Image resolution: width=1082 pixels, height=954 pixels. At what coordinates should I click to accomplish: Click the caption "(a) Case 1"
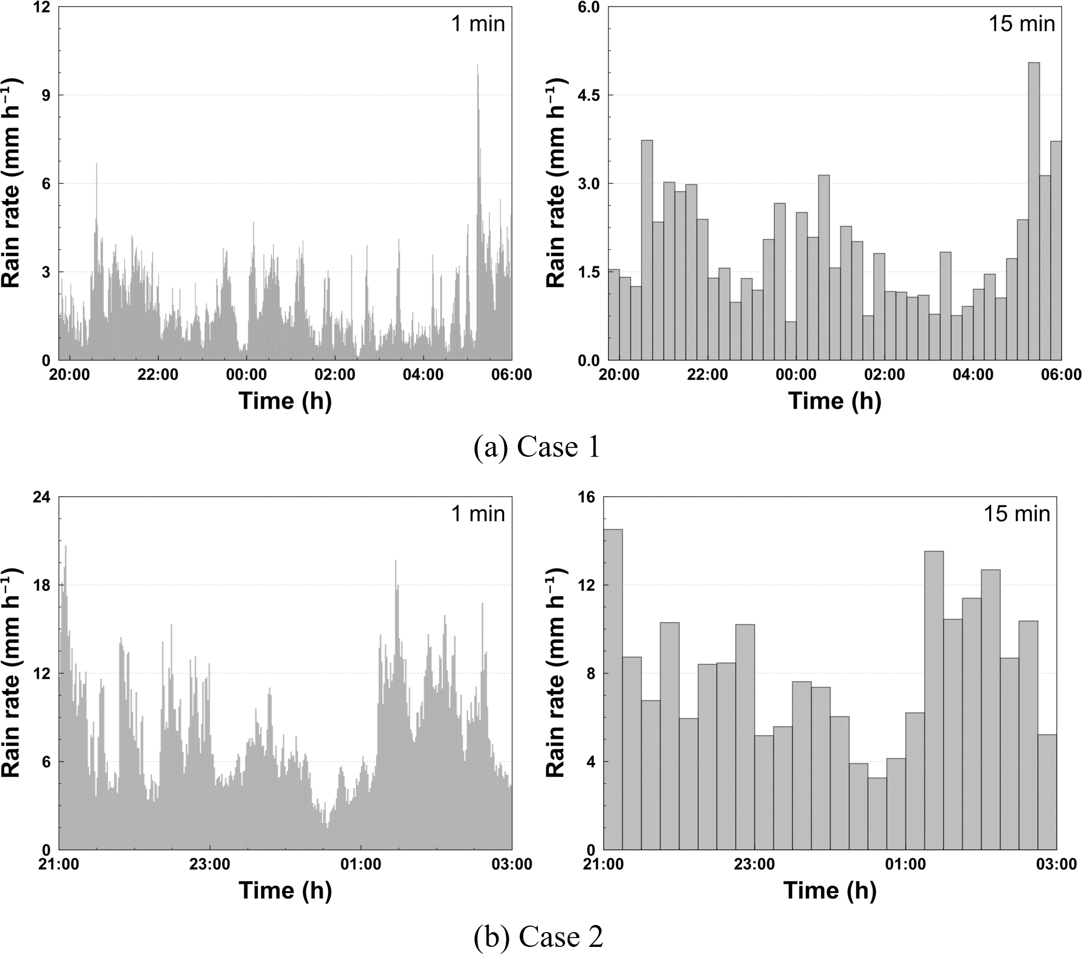pos(537,447)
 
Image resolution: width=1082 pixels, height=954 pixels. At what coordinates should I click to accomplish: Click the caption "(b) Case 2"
pos(538,937)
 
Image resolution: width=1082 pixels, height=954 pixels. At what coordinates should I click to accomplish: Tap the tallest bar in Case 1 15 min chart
pos(1033,219)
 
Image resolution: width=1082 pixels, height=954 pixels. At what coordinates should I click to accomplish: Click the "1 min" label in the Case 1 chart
pos(478,24)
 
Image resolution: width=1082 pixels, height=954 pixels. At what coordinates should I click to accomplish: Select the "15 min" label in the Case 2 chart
pos(1017,514)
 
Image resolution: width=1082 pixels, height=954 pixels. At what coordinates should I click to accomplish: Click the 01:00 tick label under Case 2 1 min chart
pos(360,865)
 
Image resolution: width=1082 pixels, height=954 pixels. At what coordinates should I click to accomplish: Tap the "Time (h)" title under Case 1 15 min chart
pos(834,401)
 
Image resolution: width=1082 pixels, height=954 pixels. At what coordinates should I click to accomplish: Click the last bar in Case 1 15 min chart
pos(1056,252)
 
